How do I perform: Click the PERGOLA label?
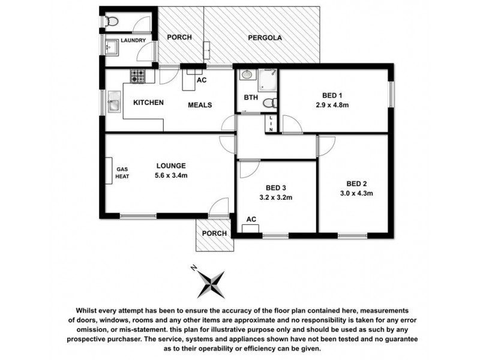click(x=265, y=37)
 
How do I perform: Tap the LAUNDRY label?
click(x=133, y=41)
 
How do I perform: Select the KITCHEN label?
click(x=148, y=103)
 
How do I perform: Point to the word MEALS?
click(x=200, y=105)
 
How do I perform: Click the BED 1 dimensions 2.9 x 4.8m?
click(x=333, y=105)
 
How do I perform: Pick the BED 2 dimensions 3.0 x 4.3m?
click(x=356, y=193)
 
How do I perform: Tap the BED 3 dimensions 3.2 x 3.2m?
click(x=276, y=196)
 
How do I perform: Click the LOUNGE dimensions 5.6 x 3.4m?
click(x=171, y=175)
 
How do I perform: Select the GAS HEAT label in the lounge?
click(x=122, y=173)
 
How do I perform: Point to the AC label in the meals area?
click(x=202, y=79)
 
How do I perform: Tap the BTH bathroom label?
click(x=251, y=97)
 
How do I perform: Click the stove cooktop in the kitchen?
click(x=137, y=76)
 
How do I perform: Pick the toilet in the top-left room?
click(x=109, y=22)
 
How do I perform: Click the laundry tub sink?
click(x=111, y=45)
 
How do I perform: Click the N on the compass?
click(x=193, y=267)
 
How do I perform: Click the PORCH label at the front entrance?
click(x=214, y=233)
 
